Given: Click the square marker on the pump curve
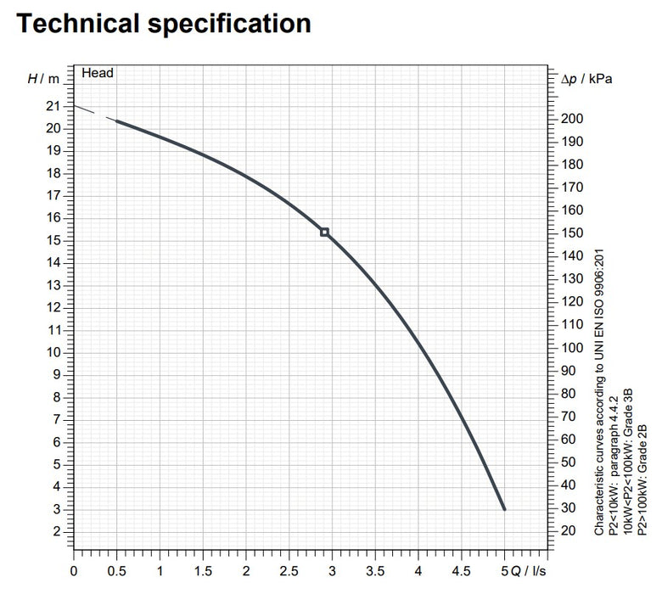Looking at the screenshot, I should (x=324, y=232).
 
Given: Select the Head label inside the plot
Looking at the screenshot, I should (x=98, y=73).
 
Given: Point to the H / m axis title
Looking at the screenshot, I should (x=44, y=79).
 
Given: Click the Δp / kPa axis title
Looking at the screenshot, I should (x=587, y=79).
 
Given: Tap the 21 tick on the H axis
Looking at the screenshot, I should (x=53, y=106).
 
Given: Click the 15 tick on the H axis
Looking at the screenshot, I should (x=53, y=240).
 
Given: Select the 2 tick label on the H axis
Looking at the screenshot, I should (x=57, y=531).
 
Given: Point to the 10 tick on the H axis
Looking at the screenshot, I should (x=53, y=352).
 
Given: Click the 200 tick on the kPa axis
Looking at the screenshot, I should (x=574, y=118).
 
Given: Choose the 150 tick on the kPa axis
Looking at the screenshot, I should (x=574, y=233).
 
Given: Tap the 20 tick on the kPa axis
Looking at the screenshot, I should (x=570, y=530).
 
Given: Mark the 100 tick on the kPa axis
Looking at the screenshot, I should (x=574, y=347).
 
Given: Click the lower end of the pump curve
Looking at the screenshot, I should (x=505, y=508).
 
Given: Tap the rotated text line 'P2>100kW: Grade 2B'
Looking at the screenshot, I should (x=642, y=480).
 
